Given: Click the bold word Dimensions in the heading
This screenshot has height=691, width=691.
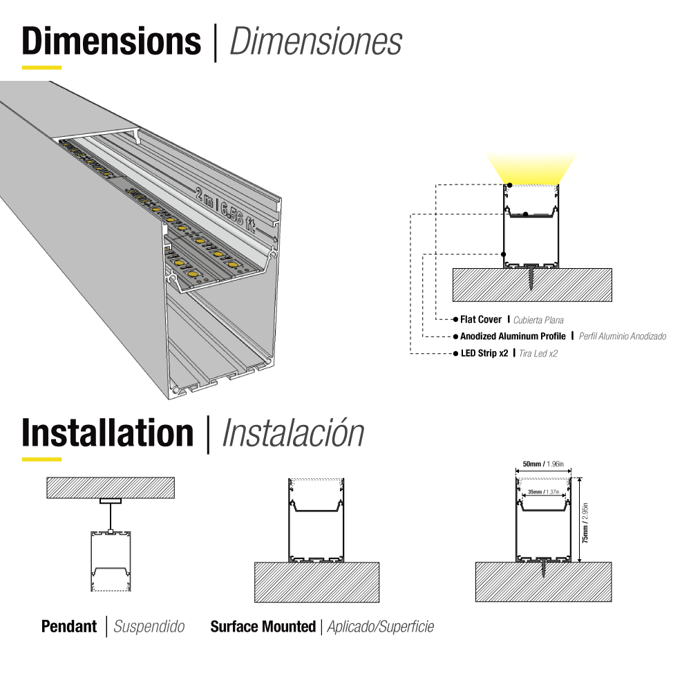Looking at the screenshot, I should point(111,42).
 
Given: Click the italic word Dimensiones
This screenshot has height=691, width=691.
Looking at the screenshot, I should point(315,42).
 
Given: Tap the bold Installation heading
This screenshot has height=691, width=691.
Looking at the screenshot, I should point(108,433).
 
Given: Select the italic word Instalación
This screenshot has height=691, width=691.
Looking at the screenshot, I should point(293,433).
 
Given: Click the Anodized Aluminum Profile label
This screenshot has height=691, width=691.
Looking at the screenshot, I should point(513,337).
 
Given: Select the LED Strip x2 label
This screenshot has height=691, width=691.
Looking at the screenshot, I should point(484,353).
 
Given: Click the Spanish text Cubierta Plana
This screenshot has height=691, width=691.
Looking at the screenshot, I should point(538,320).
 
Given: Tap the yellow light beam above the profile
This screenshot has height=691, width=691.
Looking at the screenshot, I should point(531,168).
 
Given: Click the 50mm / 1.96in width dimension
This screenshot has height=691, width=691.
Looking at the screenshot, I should point(543,464).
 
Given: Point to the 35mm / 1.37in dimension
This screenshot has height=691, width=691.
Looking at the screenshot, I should point(543,492).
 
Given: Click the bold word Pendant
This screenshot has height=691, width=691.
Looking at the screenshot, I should point(69,627).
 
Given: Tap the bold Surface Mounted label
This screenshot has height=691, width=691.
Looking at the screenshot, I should point(263,627).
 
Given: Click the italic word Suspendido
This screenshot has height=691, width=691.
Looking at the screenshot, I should point(149,627).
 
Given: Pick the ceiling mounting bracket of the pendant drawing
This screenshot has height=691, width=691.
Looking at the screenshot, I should point(110,501).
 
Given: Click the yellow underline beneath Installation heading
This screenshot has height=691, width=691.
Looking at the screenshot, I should point(41,459).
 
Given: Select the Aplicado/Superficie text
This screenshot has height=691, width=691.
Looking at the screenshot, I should point(380,627).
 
